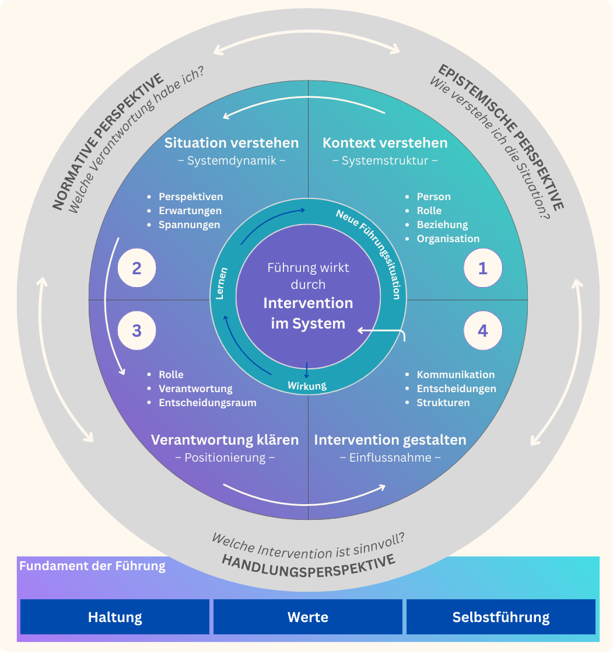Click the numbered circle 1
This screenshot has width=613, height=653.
pyautogui.click(x=482, y=268)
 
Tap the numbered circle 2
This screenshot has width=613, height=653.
pyautogui.click(x=136, y=268)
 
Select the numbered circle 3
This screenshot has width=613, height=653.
pyautogui.click(x=136, y=331)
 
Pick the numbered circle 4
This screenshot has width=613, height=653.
pyautogui.click(x=482, y=331)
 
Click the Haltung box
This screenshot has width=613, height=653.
pyautogui.click(x=115, y=617)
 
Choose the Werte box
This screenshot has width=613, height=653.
pyautogui.click(x=308, y=617)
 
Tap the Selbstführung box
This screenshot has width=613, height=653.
pyautogui.click(x=501, y=617)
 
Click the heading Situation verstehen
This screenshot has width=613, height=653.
pyautogui.click(x=232, y=143)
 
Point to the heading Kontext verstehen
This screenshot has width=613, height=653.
pyautogui.click(x=385, y=143)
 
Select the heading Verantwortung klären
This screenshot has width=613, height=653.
pyautogui.click(x=225, y=440)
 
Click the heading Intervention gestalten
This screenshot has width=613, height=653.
pyautogui.click(x=390, y=440)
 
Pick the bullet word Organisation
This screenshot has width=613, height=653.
pyautogui.click(x=448, y=239)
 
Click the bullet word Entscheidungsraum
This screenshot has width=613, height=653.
pyautogui.click(x=208, y=403)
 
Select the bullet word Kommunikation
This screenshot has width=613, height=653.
pyautogui.click(x=456, y=375)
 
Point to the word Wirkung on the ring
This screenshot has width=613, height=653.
pyautogui.click(x=307, y=385)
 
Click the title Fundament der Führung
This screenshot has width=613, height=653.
pyautogui.click(x=92, y=566)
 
